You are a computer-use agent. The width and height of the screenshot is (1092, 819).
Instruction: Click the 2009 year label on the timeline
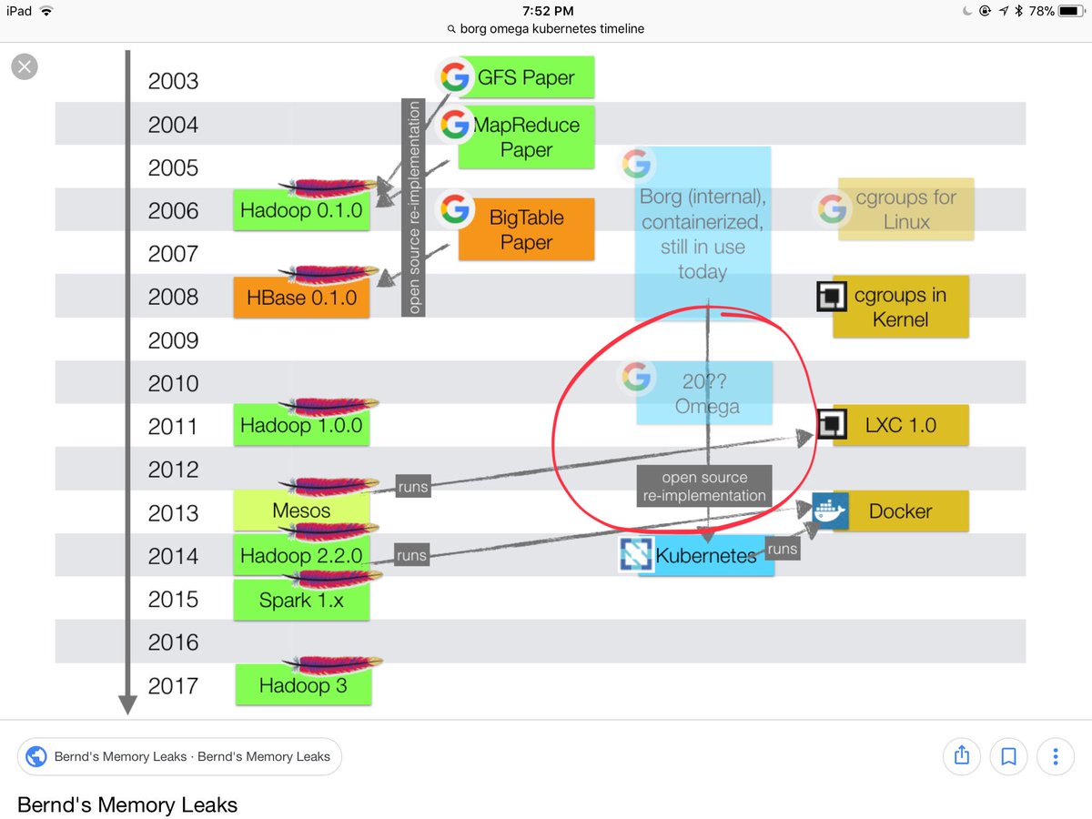pos(173,340)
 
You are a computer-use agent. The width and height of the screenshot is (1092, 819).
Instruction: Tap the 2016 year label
pos(173,642)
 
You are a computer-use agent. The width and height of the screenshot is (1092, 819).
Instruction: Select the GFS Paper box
pos(526,77)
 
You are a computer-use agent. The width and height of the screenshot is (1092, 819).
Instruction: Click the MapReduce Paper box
pos(526,136)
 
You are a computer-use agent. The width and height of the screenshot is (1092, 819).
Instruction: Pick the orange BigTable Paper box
pos(526,229)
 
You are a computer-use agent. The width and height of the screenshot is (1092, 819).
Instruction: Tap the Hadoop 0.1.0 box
pos(301,211)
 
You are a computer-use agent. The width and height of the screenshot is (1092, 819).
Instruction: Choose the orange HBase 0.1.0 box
pos(301,298)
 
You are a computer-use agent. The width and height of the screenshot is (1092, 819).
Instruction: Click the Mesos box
pos(301,511)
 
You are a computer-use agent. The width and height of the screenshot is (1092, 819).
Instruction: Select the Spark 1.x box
pos(301,600)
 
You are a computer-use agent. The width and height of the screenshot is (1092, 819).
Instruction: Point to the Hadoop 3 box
pos(303,684)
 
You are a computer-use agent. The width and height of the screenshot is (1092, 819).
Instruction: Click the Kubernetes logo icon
pos(636,554)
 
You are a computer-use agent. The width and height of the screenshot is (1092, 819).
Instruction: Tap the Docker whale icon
pos(830,511)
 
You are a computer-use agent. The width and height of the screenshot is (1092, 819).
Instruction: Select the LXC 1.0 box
pos(900,425)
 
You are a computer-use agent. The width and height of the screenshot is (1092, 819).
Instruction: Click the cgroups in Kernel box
pos(900,307)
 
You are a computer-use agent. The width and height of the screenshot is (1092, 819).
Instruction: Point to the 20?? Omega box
pos(705,393)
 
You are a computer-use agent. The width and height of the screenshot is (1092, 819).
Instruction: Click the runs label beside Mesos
pos(411,487)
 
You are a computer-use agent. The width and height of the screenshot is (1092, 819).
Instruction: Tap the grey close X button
pos(25,66)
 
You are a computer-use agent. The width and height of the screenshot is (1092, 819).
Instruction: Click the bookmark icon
pos(1008,755)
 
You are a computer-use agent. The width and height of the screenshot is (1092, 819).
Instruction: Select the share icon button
pos(961,755)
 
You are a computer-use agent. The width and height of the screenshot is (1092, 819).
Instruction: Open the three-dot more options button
pos(1056,755)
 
